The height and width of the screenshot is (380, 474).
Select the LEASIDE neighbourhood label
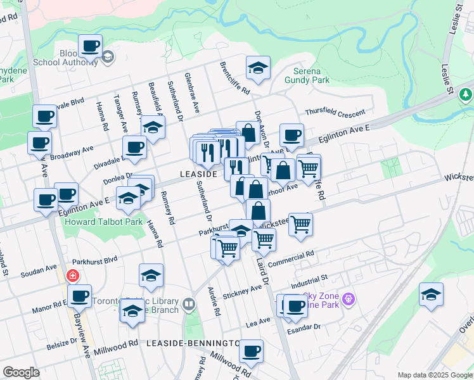coord(199,173)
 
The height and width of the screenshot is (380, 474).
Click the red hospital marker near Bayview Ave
coord(72,277)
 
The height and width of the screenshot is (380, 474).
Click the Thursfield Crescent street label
coord(335,113)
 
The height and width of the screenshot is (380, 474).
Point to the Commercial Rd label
coord(291,259)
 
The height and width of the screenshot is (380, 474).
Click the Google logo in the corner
coord(21,372)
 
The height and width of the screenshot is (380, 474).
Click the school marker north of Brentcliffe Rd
coord(257,68)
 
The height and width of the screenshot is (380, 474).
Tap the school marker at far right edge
coord(431,294)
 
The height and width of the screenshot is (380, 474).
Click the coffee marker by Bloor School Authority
coord(91,46)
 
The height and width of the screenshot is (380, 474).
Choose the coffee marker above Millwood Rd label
coord(251,351)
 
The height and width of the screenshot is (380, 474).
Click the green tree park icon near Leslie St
coord(466,95)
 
